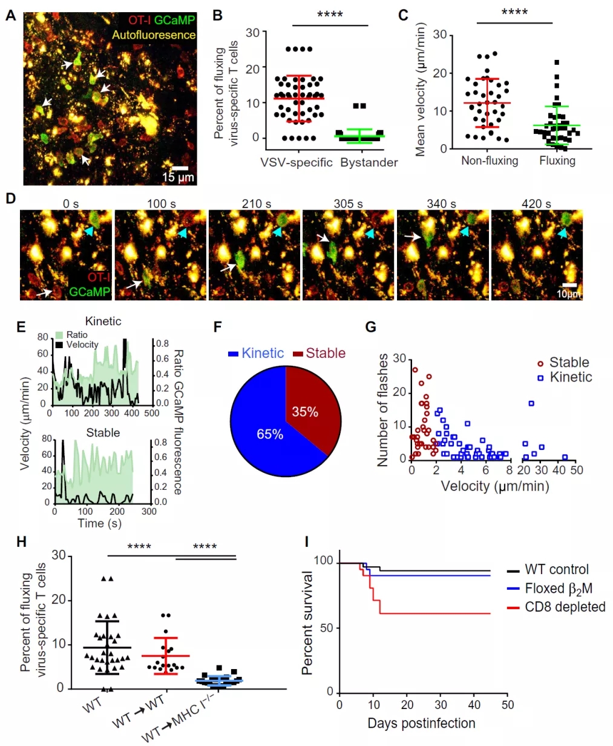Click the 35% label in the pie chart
305,412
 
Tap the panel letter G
370,327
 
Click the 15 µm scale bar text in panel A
178,177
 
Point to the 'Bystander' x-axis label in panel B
369,162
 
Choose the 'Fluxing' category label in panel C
557,160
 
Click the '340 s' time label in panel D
441,203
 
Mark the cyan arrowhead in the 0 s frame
90,232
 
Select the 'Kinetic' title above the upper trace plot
103,321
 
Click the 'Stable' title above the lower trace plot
103,432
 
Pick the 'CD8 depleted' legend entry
565,607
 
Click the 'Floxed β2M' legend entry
559,589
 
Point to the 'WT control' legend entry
557,570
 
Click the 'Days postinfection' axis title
421,723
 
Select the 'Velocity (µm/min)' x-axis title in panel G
494,486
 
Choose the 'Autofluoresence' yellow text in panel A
154,35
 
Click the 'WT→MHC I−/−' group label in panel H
175,721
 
